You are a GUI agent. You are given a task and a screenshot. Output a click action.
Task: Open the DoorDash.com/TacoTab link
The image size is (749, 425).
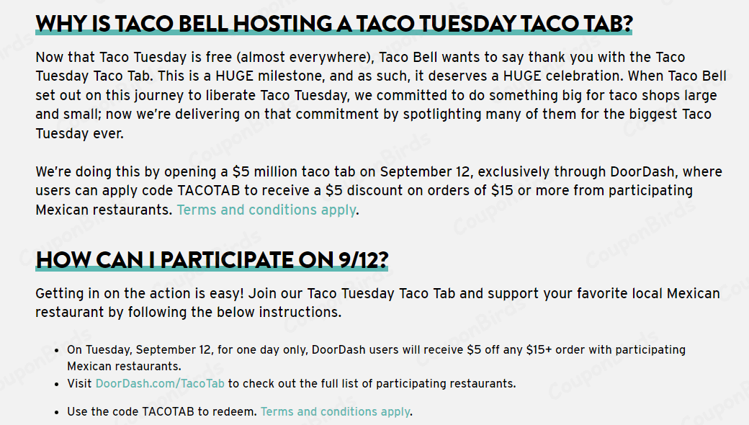click(x=160, y=383)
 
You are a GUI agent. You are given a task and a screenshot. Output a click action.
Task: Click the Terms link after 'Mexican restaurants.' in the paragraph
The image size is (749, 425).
click(x=266, y=210)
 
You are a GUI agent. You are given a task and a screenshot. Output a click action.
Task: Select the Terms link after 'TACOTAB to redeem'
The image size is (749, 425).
click(x=336, y=411)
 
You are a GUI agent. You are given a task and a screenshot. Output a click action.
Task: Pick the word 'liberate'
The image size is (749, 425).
click(x=231, y=96)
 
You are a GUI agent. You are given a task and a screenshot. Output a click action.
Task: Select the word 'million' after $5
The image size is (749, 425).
click(x=275, y=172)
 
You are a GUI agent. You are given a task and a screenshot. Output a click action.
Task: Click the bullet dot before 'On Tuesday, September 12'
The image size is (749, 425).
click(x=57, y=351)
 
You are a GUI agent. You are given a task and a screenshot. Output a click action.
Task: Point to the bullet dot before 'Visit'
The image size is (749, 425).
click(x=57, y=385)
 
